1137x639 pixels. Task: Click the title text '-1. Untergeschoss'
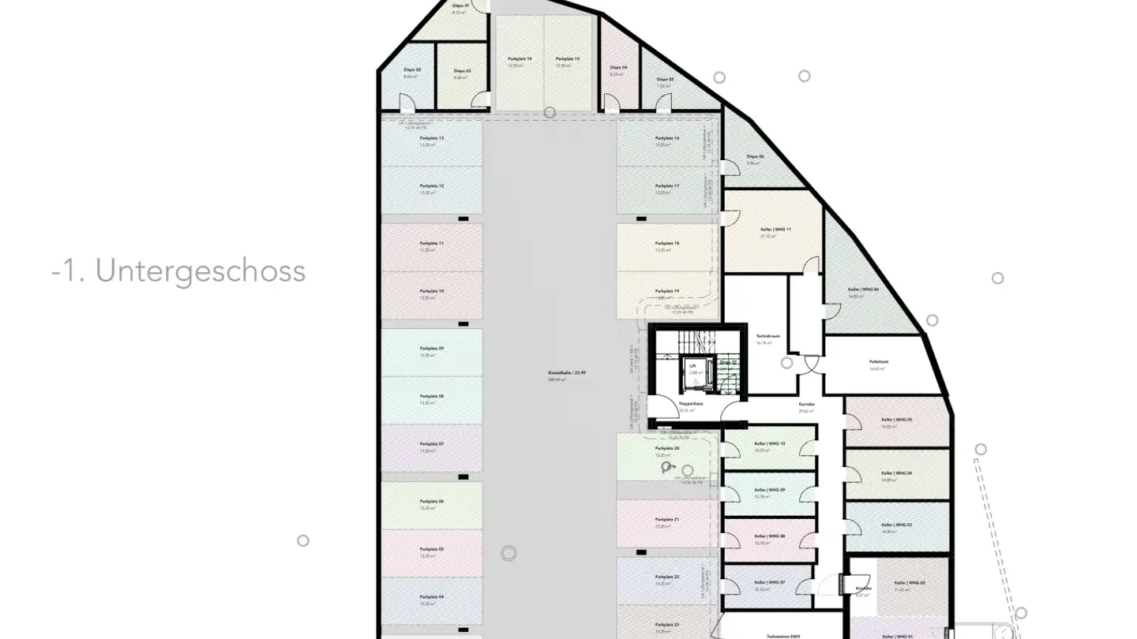(x=178, y=271)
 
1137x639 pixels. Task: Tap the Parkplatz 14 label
(x=519, y=59)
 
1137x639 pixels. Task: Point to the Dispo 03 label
(x=462, y=70)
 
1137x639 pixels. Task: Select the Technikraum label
(x=767, y=336)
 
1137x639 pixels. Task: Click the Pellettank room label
(x=879, y=362)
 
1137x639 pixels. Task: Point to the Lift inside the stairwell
(x=692, y=369)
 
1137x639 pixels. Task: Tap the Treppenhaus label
(x=691, y=403)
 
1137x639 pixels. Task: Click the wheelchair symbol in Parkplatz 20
(x=670, y=468)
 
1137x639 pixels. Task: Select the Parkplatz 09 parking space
(x=431, y=351)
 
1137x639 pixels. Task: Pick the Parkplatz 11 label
(x=431, y=244)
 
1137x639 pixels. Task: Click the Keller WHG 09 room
(x=769, y=493)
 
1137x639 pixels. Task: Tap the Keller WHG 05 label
(x=897, y=420)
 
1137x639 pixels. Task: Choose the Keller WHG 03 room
(x=897, y=529)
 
